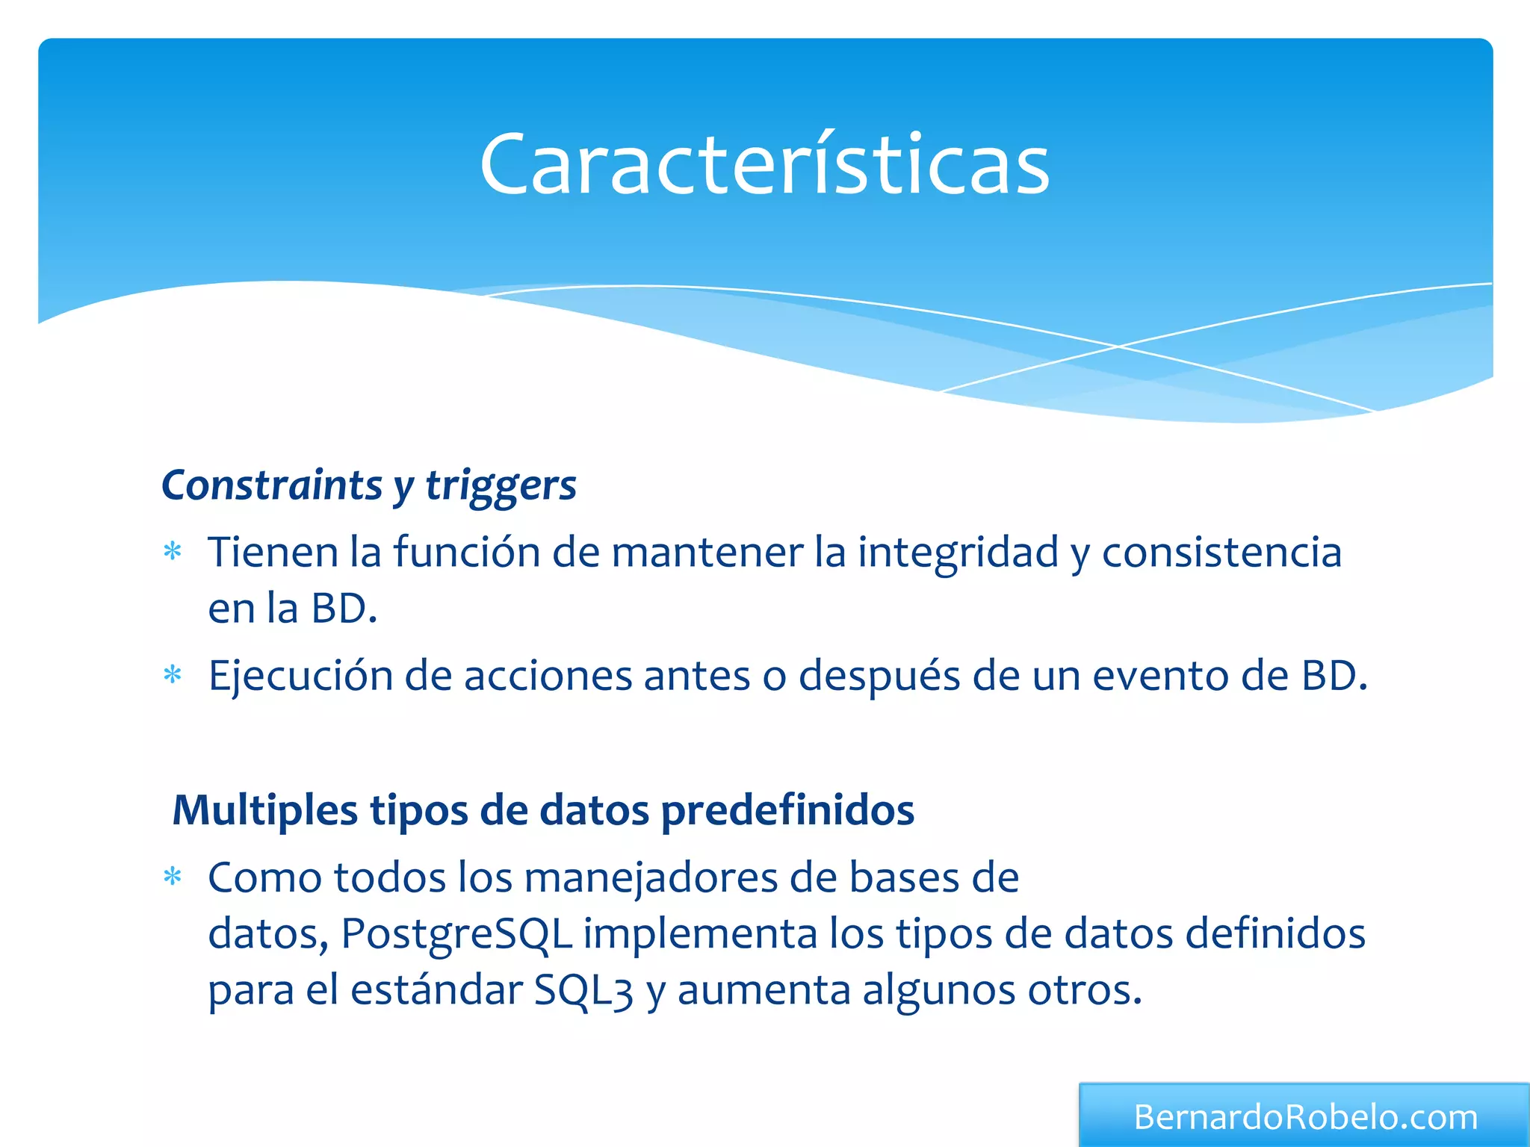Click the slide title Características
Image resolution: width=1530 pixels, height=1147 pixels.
point(764,164)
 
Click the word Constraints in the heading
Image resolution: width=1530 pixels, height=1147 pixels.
point(272,485)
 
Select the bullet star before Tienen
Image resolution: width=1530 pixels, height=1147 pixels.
point(173,552)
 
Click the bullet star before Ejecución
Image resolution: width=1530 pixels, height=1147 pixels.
point(173,675)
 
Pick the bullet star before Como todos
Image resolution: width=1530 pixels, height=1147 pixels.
point(173,876)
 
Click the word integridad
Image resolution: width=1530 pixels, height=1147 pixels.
point(958,553)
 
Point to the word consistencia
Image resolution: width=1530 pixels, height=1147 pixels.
point(1221,553)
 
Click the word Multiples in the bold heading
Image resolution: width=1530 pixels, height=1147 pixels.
point(264,810)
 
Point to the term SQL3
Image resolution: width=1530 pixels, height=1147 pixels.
point(583,991)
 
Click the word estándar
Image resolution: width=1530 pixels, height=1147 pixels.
point(436,991)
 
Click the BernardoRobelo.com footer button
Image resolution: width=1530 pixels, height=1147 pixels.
point(1304,1116)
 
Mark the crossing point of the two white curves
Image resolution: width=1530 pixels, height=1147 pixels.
point(1118,346)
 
